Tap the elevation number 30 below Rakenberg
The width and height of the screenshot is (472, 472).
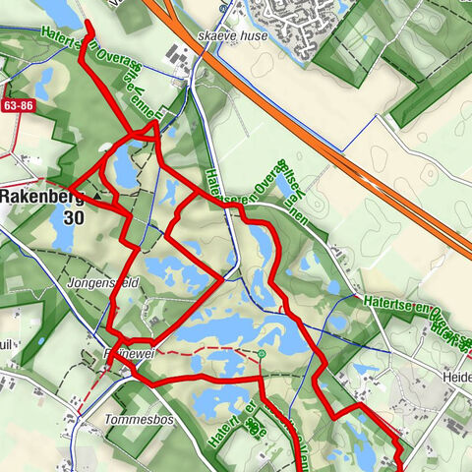coord(72,218)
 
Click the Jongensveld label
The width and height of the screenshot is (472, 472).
coord(97,283)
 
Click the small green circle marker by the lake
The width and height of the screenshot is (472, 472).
coord(263,352)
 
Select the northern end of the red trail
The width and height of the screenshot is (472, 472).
coord(88,23)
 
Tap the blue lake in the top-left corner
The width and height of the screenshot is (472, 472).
coord(54,12)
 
